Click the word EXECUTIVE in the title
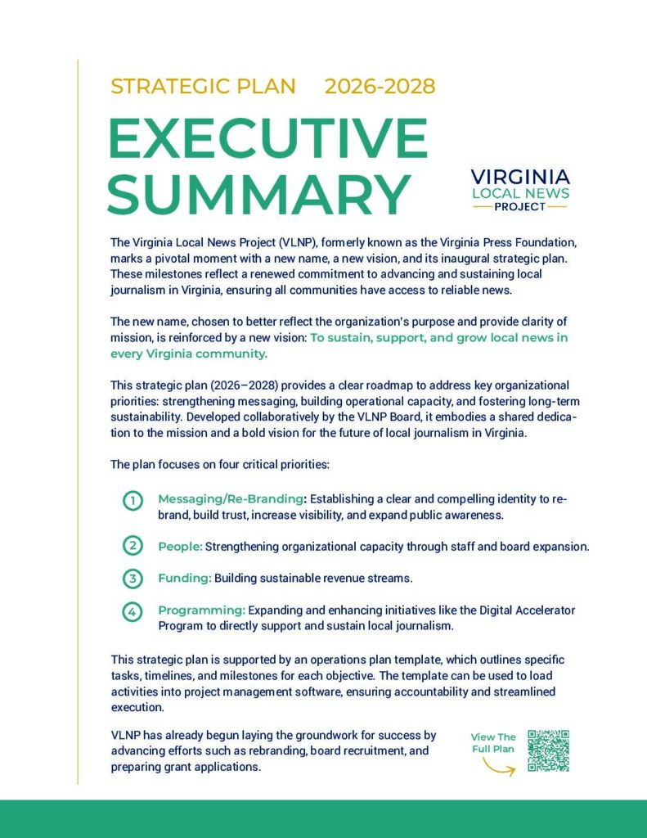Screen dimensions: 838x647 (267, 138)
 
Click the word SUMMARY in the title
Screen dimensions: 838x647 (258, 194)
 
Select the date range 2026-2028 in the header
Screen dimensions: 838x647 (380, 86)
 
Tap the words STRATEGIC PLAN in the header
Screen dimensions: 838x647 (203, 86)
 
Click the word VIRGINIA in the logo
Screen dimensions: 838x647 (521, 178)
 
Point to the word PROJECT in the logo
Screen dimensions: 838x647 (520, 207)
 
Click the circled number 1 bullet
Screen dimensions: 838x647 (133, 501)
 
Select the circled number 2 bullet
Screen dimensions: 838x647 (133, 546)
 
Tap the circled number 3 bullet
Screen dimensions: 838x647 (133, 579)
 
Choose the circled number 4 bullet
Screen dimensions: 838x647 (133, 611)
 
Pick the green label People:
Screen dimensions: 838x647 (180, 546)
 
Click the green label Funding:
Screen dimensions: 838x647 (185, 579)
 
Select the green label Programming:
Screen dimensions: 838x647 (201, 610)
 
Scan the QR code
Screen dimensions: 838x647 (548, 750)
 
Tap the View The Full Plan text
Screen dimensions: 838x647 (493, 743)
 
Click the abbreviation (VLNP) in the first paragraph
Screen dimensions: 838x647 (277, 243)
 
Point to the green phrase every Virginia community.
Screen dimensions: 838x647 (189, 354)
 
